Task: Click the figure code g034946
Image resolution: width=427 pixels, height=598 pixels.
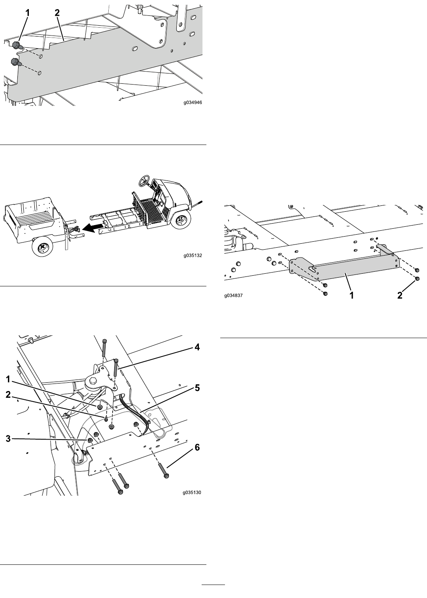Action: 193,102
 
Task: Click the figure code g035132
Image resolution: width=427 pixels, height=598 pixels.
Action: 193,255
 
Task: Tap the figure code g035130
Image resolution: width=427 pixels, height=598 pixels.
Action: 192,492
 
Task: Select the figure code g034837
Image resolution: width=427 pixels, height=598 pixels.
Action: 234,295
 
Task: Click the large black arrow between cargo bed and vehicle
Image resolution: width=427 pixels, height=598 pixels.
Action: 93,227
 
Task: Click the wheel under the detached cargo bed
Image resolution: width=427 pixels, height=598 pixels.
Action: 42,247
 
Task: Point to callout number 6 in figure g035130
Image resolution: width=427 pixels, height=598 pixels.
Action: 197,448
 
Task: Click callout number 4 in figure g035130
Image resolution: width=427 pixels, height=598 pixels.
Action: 197,347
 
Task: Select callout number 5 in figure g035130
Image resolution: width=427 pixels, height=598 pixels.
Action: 197,388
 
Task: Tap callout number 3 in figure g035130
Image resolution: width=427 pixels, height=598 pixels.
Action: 8,438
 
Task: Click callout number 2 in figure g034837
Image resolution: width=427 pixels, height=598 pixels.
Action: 400,295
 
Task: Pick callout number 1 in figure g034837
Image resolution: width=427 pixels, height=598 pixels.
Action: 351,295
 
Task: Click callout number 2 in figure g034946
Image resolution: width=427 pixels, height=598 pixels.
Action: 57,13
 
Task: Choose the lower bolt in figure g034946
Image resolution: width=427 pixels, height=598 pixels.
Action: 16,62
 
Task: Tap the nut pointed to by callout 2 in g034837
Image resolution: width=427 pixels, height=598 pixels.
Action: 418,279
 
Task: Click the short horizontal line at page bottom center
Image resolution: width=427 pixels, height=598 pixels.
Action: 213,585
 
